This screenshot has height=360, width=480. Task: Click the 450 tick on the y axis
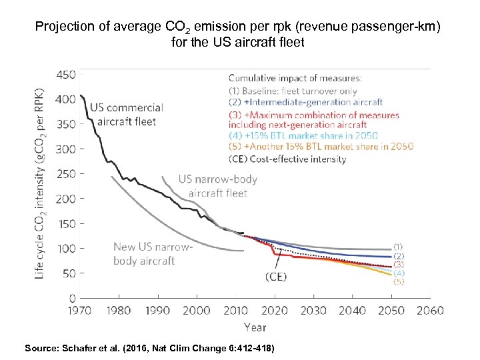[x=67, y=75]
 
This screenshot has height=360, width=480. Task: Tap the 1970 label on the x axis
[x=79, y=310]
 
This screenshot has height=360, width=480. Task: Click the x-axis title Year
[x=255, y=327]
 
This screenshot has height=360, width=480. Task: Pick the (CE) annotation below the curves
[x=275, y=277]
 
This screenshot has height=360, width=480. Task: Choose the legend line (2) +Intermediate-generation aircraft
[x=306, y=102]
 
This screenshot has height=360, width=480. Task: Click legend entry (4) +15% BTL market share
[x=303, y=136]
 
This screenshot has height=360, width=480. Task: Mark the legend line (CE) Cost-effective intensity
[x=287, y=159]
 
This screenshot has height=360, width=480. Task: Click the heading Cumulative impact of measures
[x=295, y=78]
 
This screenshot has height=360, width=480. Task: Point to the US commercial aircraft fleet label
[x=126, y=113]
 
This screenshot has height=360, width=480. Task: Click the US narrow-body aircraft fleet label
[x=217, y=186]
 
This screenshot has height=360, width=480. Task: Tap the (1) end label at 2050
[x=398, y=246]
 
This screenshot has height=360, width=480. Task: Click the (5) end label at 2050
[x=398, y=281]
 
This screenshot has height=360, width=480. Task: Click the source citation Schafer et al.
[x=149, y=348]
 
